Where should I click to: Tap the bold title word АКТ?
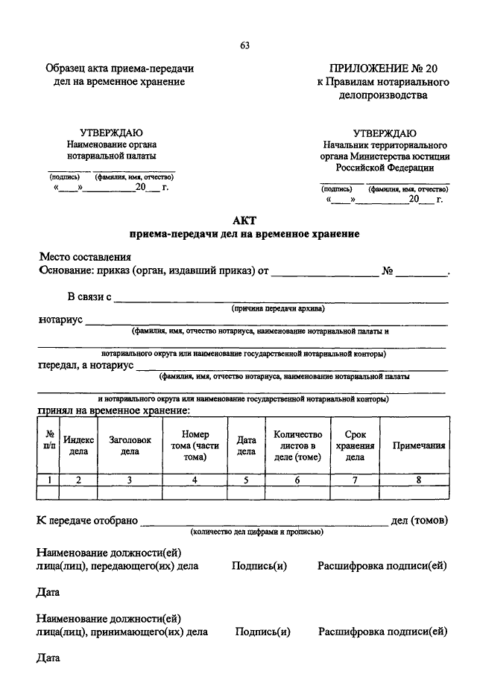click(x=244, y=220)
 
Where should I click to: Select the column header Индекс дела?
click(x=78, y=445)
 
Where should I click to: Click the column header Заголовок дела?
click(x=130, y=445)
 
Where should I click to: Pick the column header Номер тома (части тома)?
click(x=195, y=445)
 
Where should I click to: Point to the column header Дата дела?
click(x=246, y=445)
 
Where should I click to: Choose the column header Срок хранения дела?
click(x=355, y=445)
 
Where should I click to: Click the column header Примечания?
click(x=419, y=445)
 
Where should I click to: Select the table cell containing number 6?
click(x=297, y=480)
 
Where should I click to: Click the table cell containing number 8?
click(x=419, y=480)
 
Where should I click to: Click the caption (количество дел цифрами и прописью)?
click(x=256, y=532)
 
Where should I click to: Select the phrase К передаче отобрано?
click(x=87, y=520)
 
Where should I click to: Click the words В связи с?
click(x=89, y=297)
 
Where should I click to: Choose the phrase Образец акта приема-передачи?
click(x=119, y=69)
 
